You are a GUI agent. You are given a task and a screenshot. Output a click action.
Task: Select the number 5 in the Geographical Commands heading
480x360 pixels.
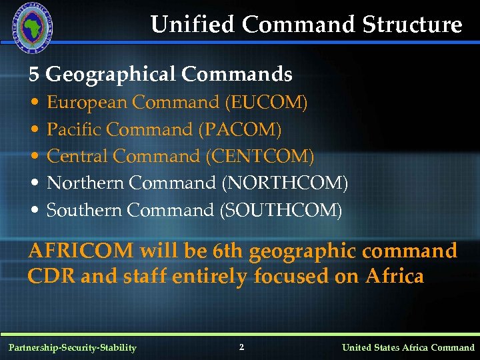click(x=34, y=74)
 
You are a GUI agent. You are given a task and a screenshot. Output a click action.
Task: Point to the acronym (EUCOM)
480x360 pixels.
click(x=266, y=103)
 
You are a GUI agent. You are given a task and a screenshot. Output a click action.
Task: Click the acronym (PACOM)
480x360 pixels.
click(x=243, y=129)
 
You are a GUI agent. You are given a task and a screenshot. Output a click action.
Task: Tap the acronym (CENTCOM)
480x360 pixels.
click(x=260, y=156)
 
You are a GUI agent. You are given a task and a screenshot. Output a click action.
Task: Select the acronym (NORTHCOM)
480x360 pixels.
click(x=293, y=183)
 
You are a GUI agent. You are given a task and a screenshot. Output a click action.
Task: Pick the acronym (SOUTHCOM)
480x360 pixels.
click(x=281, y=210)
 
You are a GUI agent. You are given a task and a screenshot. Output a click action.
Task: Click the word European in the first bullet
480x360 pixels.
click(x=87, y=103)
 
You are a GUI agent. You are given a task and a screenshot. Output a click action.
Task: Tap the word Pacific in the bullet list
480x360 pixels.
click(x=70, y=129)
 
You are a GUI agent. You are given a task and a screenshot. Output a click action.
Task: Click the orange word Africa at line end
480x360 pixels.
click(x=395, y=276)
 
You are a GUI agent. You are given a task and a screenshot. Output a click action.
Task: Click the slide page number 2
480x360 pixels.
click(x=241, y=347)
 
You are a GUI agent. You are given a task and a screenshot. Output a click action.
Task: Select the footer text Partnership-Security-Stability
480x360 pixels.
click(x=72, y=347)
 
